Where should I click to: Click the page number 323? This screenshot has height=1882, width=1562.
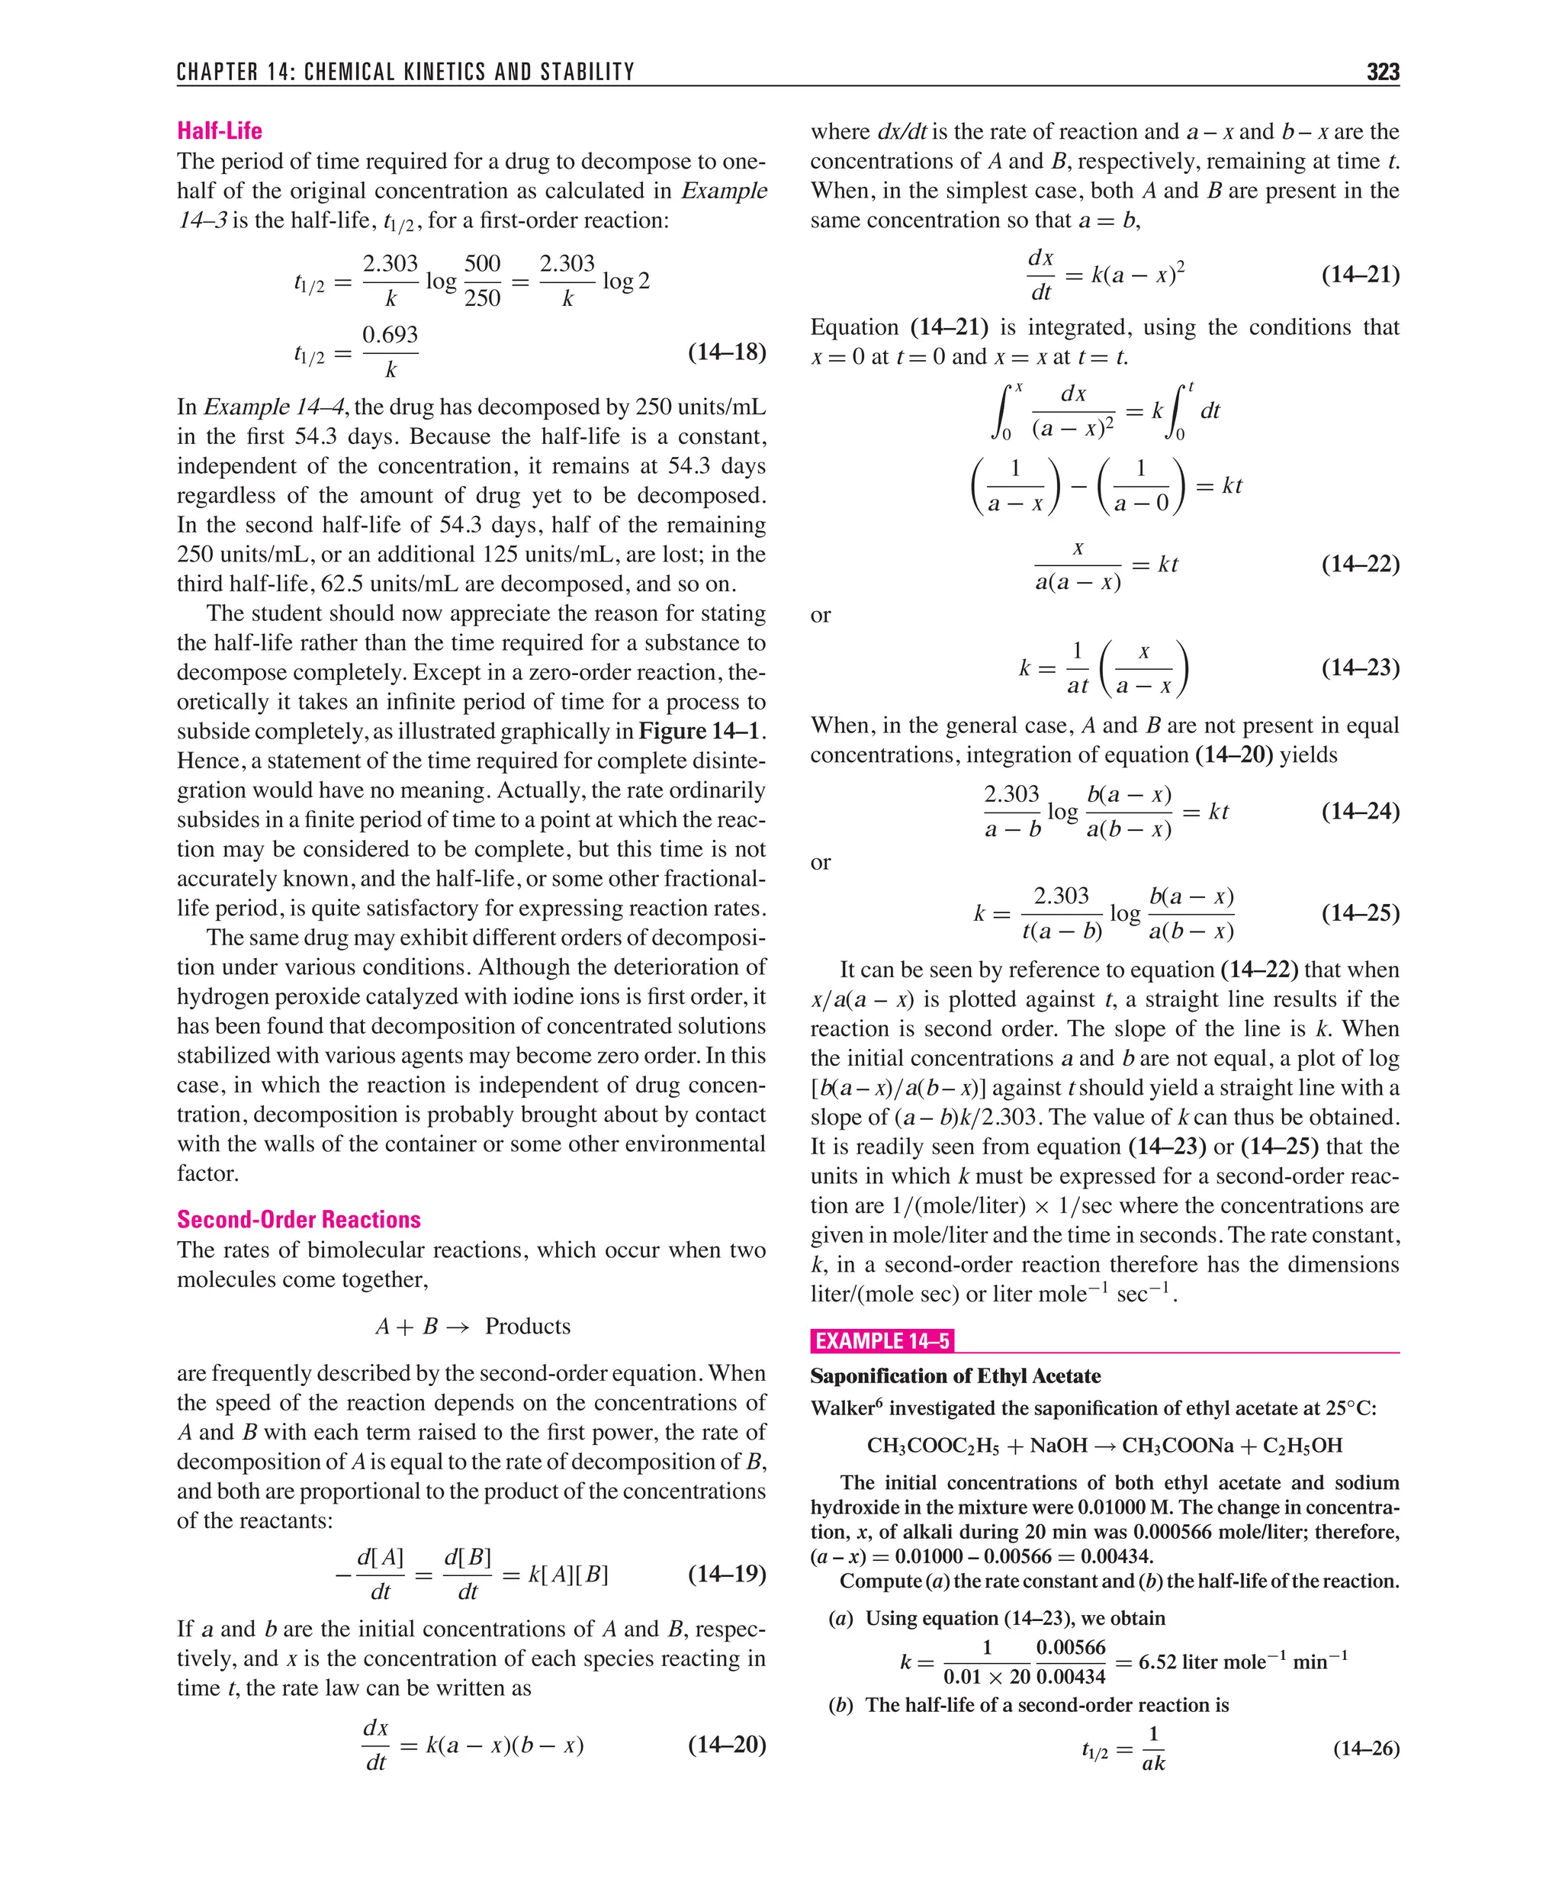click(1382, 72)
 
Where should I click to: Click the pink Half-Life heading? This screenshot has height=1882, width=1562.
click(220, 131)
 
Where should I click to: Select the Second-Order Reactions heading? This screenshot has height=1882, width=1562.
click(298, 1219)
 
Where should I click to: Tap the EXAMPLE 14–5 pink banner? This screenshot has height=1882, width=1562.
click(882, 1340)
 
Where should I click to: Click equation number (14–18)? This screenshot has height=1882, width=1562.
click(726, 352)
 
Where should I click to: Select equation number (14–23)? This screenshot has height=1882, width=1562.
click(1359, 667)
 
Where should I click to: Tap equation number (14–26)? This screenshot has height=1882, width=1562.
click(1366, 1748)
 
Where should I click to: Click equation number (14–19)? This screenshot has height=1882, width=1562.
click(726, 1574)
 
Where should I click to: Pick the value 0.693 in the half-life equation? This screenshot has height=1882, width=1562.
click(390, 334)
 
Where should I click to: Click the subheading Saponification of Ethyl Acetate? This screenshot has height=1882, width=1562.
click(956, 1375)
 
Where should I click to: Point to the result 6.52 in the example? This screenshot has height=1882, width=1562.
click(1157, 1662)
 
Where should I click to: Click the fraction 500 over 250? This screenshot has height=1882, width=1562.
click(482, 281)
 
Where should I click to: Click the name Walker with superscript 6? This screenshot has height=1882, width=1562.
click(846, 1408)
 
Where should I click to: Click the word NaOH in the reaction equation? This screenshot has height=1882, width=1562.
click(1059, 1446)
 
